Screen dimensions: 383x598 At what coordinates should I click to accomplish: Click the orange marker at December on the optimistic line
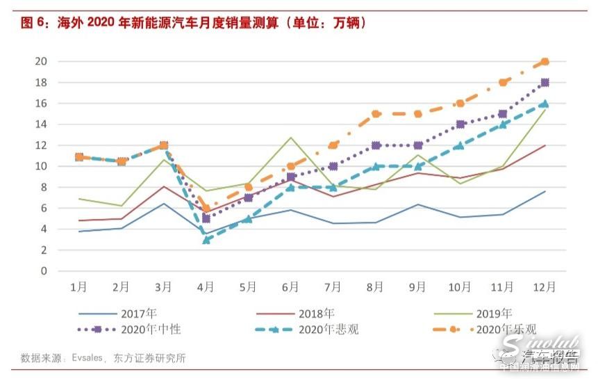pos(545,62)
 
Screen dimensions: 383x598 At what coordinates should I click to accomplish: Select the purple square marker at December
pos(545,83)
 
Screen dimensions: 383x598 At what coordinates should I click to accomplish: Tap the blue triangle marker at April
pos(206,239)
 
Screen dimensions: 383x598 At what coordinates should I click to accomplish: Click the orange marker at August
pos(376,114)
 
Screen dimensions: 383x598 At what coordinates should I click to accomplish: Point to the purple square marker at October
pos(460,124)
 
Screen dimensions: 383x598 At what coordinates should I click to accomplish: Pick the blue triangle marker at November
pos(503,124)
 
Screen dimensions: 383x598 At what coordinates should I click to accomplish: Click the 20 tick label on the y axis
pos(41,62)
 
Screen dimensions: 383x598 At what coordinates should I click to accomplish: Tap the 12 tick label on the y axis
pos(41,145)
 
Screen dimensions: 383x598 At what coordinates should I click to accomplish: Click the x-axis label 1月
pos(79,286)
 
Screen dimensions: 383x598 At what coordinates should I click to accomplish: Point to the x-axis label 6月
pos(291,286)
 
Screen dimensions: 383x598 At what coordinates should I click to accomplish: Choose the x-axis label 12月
pos(545,286)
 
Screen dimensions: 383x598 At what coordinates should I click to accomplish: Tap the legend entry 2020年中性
pos(150,329)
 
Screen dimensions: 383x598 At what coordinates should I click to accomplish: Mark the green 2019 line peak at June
pos(291,138)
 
